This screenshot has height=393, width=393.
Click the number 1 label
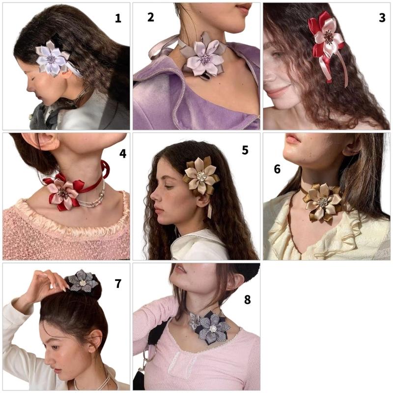point(118,19)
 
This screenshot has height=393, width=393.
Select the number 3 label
point(382,18)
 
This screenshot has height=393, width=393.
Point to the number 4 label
point(122,154)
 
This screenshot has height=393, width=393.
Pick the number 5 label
point(245,150)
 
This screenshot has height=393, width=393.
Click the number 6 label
point(277,169)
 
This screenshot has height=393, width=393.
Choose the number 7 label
point(118,283)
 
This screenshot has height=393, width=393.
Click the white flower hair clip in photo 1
point(52,59)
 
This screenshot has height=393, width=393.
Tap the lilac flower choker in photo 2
point(203,58)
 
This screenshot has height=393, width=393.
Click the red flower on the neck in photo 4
point(63,193)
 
